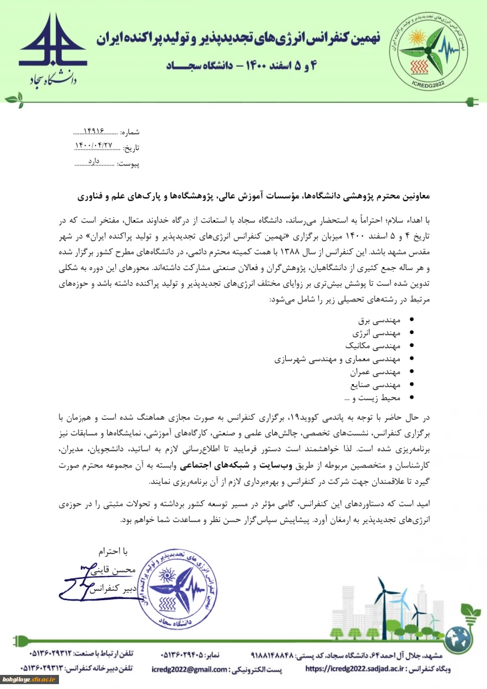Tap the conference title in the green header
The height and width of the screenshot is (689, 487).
(x=238, y=38)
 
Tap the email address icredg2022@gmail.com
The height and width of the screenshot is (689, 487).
(x=189, y=669)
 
